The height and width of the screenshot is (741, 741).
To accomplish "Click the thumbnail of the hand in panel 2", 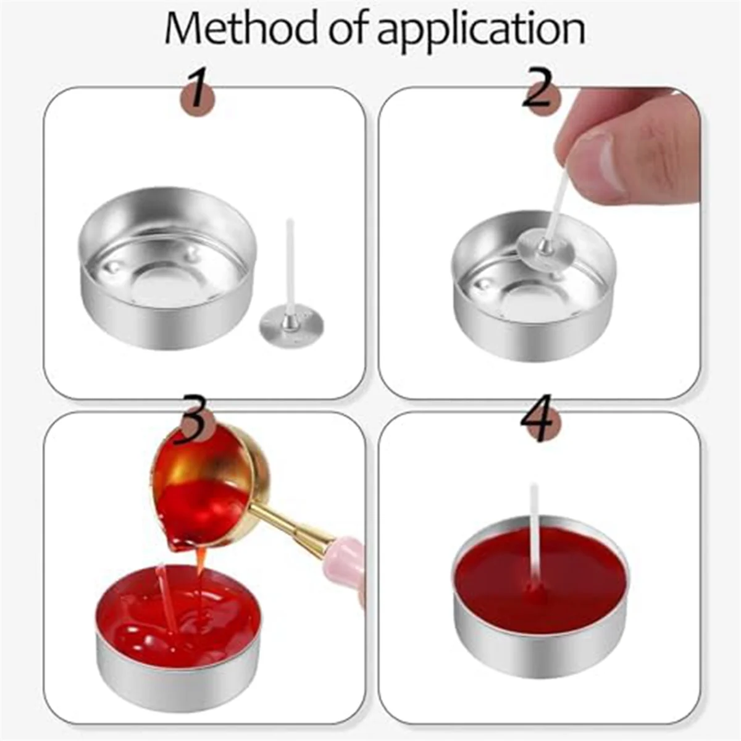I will [593, 164].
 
